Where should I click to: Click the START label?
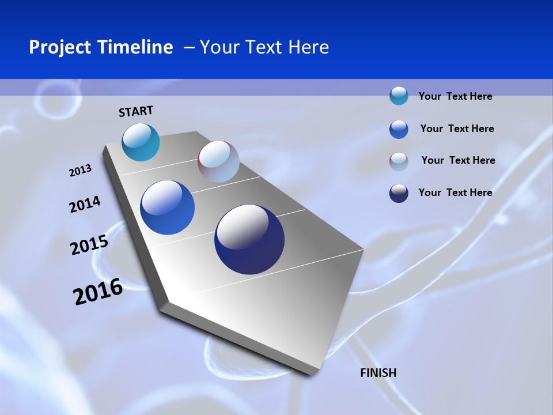click(x=136, y=111)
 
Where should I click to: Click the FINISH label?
click(x=378, y=373)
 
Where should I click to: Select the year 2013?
click(x=80, y=171)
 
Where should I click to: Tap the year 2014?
click(x=85, y=205)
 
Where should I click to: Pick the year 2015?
click(x=89, y=245)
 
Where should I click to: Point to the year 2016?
click(x=98, y=292)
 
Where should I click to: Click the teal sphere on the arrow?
click(x=141, y=142)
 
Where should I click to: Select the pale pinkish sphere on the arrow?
click(x=218, y=161)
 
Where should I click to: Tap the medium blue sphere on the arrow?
click(x=168, y=207)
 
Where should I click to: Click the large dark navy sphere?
click(x=249, y=239)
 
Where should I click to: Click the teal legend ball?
click(x=399, y=96)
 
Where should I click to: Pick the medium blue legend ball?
click(x=399, y=129)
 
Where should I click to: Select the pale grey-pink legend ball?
click(x=399, y=161)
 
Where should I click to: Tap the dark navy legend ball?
click(x=399, y=193)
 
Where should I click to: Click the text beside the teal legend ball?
click(x=455, y=96)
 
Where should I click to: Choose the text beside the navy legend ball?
click(x=455, y=193)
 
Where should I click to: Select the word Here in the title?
click(x=308, y=47)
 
